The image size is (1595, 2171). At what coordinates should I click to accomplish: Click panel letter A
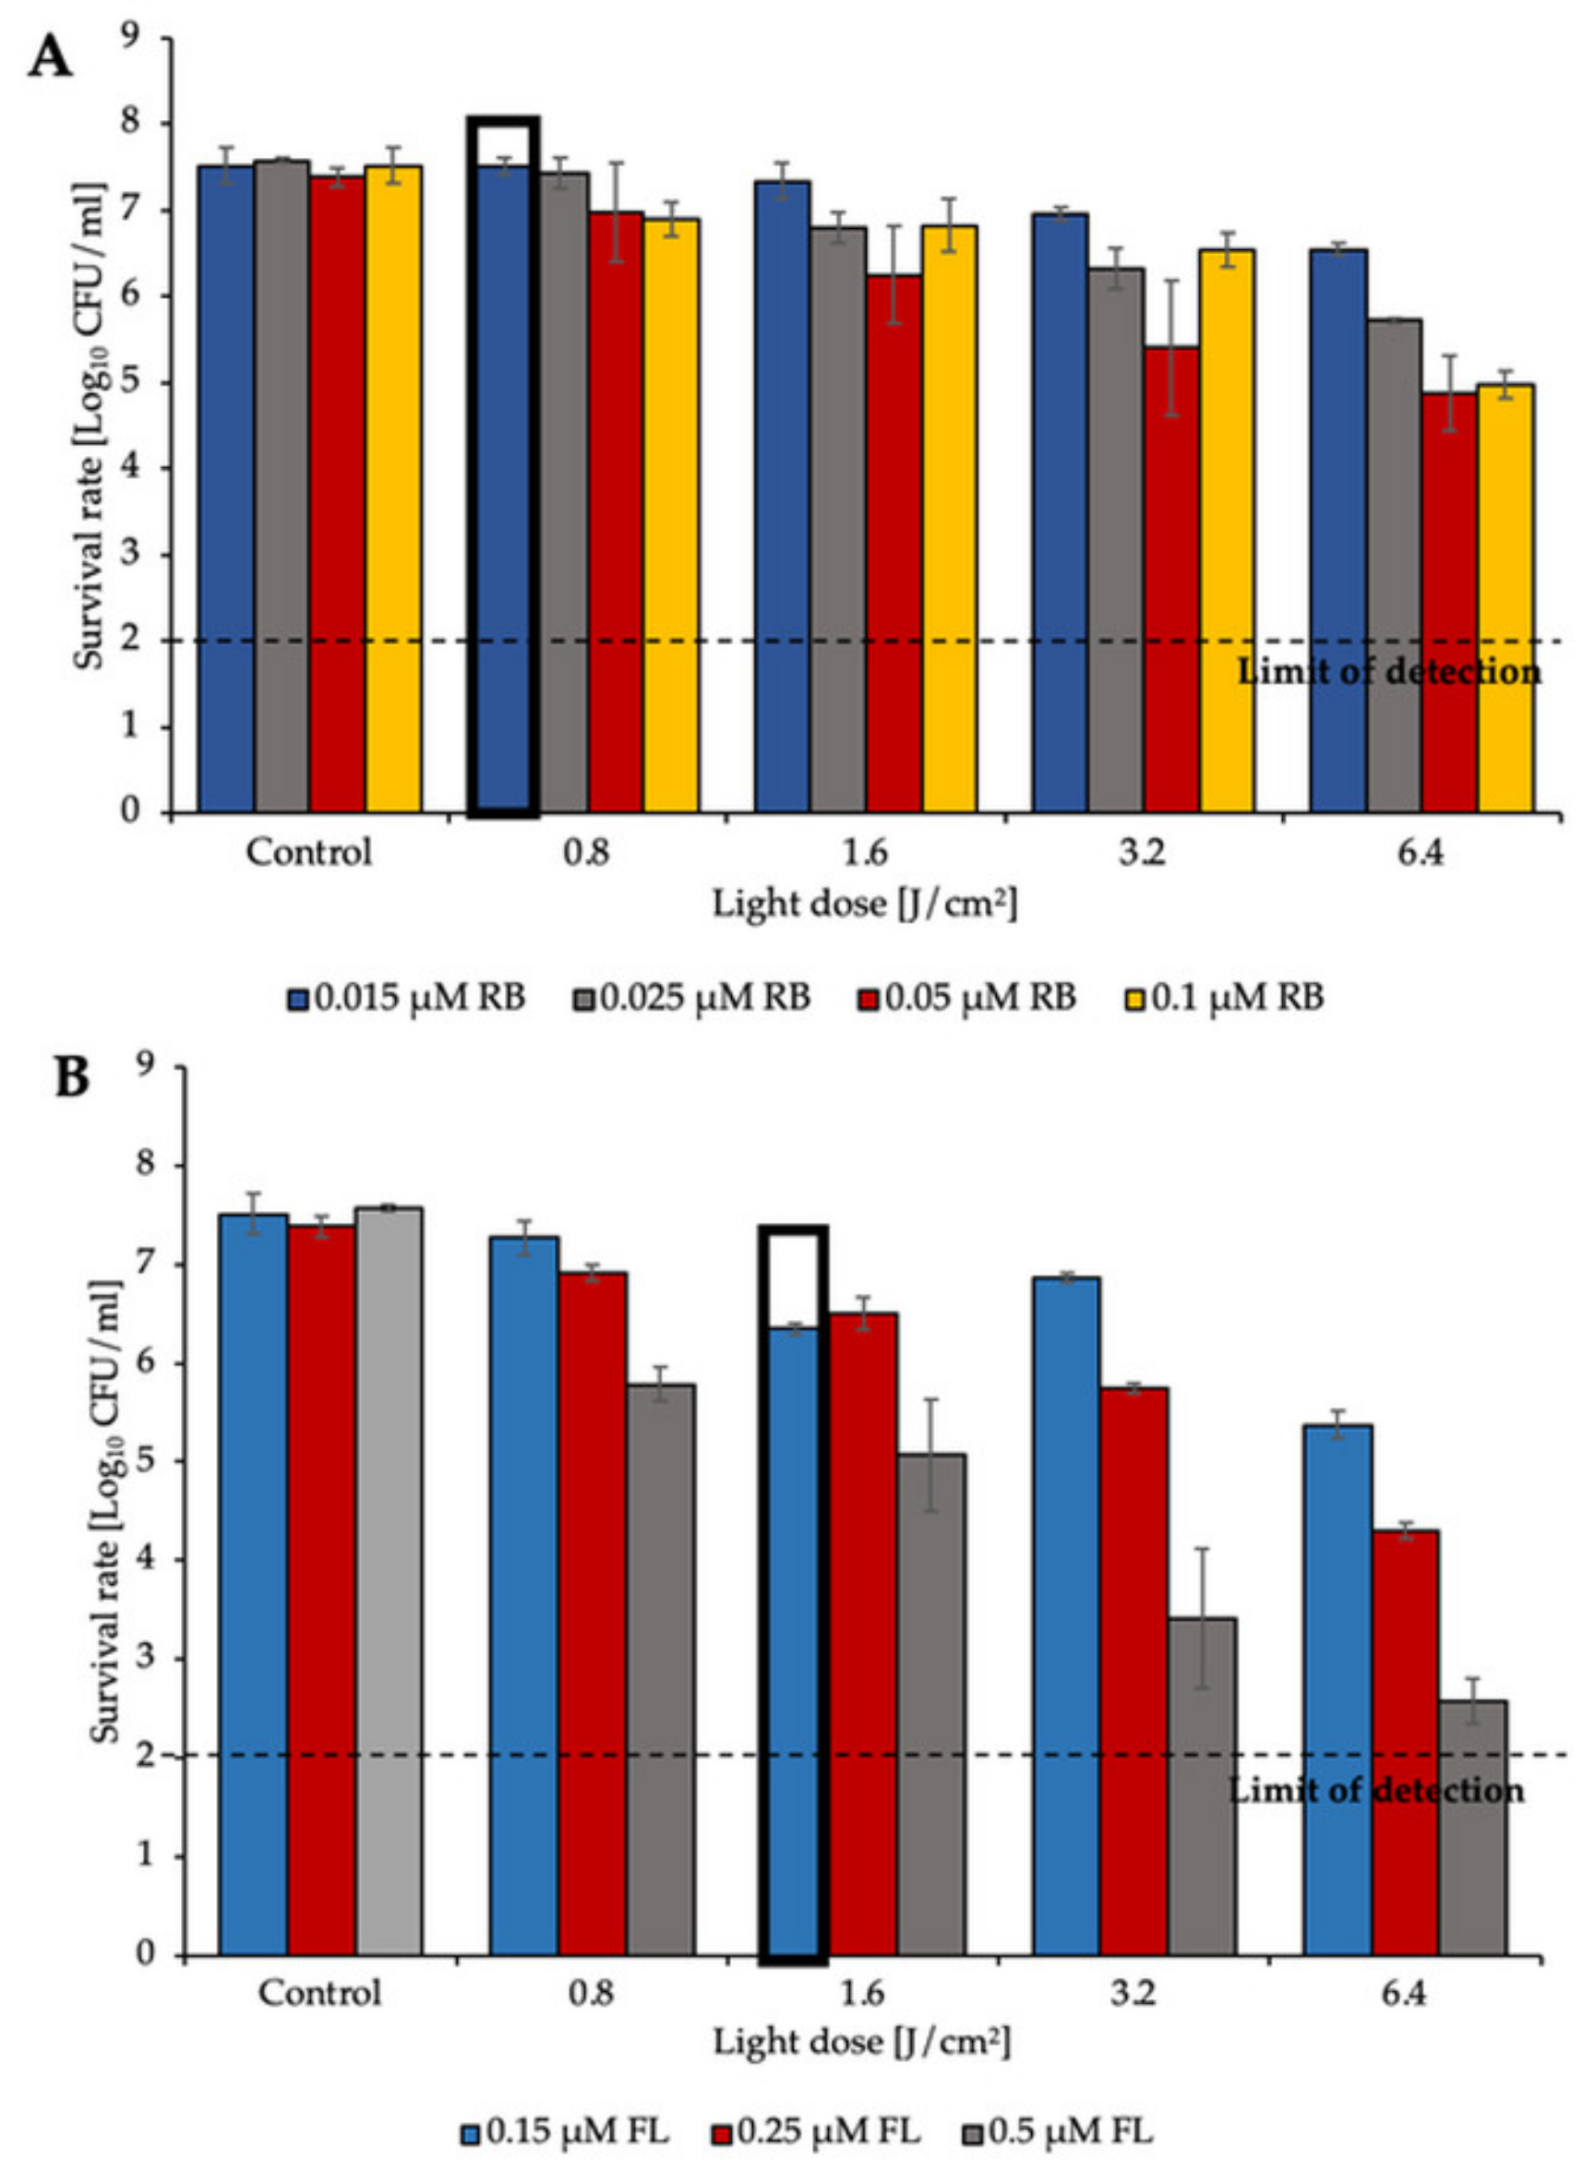click(x=49, y=60)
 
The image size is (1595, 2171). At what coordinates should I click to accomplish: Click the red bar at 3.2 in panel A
click(x=1171, y=579)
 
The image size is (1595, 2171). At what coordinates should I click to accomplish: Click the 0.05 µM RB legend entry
click(x=965, y=997)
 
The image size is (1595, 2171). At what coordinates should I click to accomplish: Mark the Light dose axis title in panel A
click(x=865, y=905)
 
